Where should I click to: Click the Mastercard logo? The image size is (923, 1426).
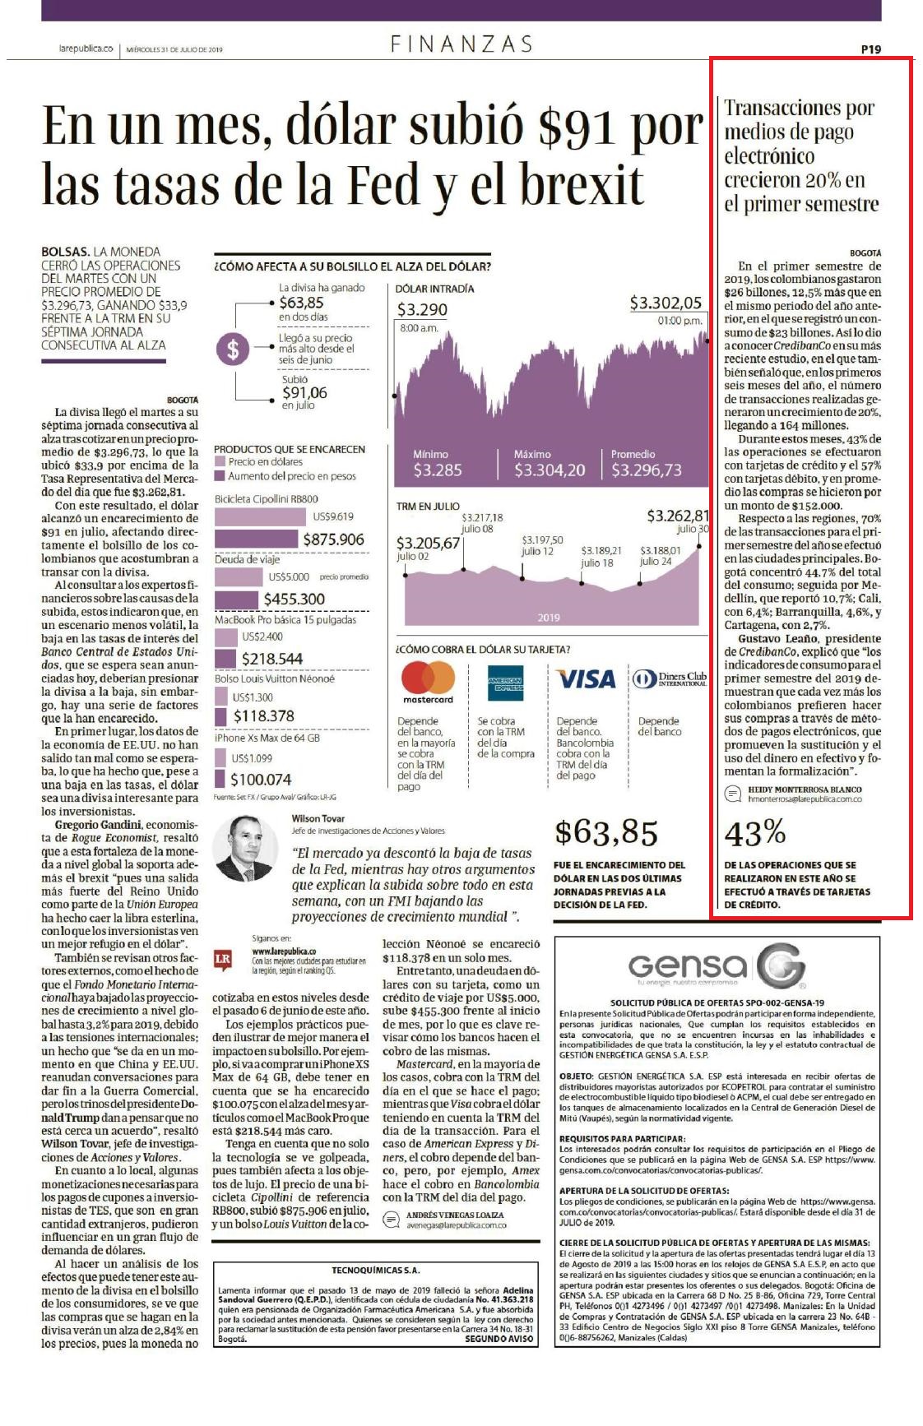(x=428, y=683)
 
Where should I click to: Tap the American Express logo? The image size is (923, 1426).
(x=505, y=683)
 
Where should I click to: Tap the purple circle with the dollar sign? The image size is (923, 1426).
(x=233, y=350)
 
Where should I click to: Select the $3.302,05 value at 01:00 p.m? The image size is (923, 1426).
(x=666, y=303)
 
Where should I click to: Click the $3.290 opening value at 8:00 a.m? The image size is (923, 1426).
(x=422, y=309)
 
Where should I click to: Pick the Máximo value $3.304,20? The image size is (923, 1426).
(x=550, y=470)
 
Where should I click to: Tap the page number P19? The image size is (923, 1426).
(x=870, y=49)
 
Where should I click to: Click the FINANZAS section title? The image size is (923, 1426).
(x=461, y=44)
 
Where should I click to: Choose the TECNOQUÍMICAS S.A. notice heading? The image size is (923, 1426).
(x=375, y=1271)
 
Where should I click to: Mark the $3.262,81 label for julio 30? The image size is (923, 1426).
(x=677, y=516)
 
